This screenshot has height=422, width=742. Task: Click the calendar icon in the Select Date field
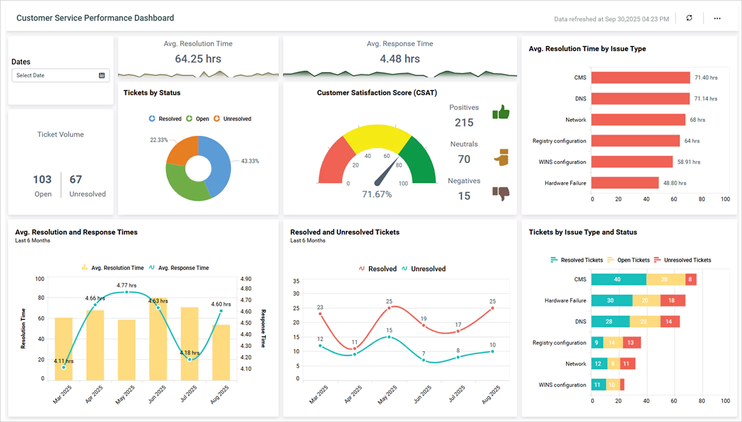click(x=101, y=75)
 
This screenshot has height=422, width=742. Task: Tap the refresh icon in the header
click(x=689, y=18)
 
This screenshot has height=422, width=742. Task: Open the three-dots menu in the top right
click(x=717, y=18)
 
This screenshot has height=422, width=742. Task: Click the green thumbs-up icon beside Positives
click(x=500, y=112)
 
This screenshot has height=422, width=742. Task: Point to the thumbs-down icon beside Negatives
click(x=500, y=193)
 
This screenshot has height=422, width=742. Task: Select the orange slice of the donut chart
click(x=181, y=149)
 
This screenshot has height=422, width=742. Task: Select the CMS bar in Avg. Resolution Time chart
click(x=640, y=77)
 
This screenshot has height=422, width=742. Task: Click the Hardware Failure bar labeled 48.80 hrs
click(x=624, y=183)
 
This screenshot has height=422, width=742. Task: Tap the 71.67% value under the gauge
click(x=376, y=194)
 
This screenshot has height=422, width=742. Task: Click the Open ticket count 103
click(x=42, y=179)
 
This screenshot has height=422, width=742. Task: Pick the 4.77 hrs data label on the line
click(x=126, y=285)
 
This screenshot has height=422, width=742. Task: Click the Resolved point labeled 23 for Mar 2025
click(x=320, y=313)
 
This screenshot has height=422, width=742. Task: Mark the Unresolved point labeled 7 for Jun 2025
click(x=423, y=360)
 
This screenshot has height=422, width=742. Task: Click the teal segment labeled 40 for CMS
click(x=618, y=279)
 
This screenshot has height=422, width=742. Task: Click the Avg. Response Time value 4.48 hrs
click(x=399, y=59)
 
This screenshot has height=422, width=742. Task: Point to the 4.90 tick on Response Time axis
click(x=245, y=279)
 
